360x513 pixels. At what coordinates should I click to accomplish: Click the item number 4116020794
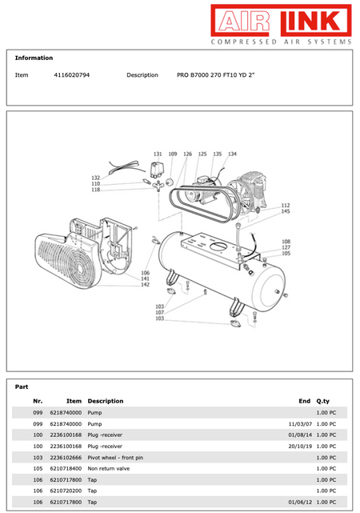coord(71,74)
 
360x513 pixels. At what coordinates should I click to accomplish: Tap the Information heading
coord(34,58)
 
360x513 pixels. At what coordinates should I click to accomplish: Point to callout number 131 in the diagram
coord(158,154)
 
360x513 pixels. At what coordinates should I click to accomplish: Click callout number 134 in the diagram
coord(232,154)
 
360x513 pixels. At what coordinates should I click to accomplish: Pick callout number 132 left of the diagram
coord(95,178)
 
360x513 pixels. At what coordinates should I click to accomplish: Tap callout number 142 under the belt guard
coord(146,285)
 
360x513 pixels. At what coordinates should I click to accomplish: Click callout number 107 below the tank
coord(160,312)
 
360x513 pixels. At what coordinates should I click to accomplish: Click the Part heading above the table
coord(22,387)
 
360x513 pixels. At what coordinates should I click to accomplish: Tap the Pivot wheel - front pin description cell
coord(115,457)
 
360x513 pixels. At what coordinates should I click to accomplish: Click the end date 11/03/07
coord(301,423)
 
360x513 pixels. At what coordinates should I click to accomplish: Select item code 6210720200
coord(66,491)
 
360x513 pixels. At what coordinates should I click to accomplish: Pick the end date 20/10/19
coord(301,446)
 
